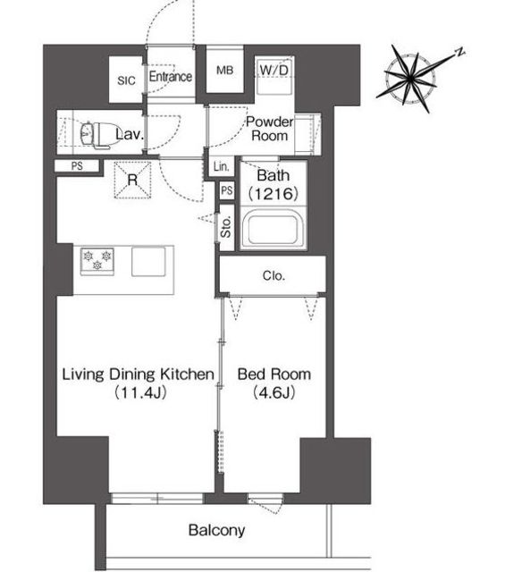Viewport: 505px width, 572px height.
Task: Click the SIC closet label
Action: tap(126, 80)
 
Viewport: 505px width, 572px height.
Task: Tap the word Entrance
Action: tap(171, 77)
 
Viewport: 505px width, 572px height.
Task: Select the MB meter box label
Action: tap(224, 70)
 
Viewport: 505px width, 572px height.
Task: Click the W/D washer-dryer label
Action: tap(274, 70)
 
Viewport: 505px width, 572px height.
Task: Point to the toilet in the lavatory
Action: tap(95, 134)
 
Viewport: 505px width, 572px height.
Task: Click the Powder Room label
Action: tap(270, 129)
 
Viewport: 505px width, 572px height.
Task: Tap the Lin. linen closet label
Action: tap(222, 167)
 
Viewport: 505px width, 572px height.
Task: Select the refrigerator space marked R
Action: tap(132, 180)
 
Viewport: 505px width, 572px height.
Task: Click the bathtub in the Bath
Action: tap(273, 229)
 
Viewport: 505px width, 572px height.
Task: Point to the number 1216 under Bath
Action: tap(274, 194)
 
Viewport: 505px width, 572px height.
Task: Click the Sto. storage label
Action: tap(226, 226)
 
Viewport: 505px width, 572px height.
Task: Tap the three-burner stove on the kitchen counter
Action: tap(97, 261)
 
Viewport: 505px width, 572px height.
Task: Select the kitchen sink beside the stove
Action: tap(148, 262)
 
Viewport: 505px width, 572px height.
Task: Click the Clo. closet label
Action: tap(274, 276)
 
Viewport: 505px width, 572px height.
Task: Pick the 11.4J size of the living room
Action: tap(140, 392)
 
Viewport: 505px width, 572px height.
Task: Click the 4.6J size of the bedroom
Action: tap(274, 392)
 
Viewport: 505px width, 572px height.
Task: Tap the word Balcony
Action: tap(216, 530)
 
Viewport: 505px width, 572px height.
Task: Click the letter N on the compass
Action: tap(461, 52)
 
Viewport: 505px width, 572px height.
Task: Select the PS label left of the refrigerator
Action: tap(77, 166)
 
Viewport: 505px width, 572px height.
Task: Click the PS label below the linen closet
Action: tap(227, 190)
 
